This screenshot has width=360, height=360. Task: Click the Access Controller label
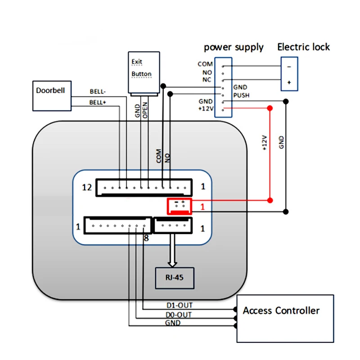281,310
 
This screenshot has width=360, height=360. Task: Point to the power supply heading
234,47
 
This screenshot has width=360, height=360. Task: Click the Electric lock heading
303,47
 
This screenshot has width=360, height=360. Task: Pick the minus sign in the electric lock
289,67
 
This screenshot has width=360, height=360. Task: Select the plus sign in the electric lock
289,82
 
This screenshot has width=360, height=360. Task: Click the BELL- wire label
98,91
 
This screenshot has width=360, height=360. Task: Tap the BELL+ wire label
98,103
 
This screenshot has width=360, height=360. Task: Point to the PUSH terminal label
241,95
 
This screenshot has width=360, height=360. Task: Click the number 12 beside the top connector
87,187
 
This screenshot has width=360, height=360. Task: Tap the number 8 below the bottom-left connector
146,238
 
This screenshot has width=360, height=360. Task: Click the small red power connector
179,206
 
